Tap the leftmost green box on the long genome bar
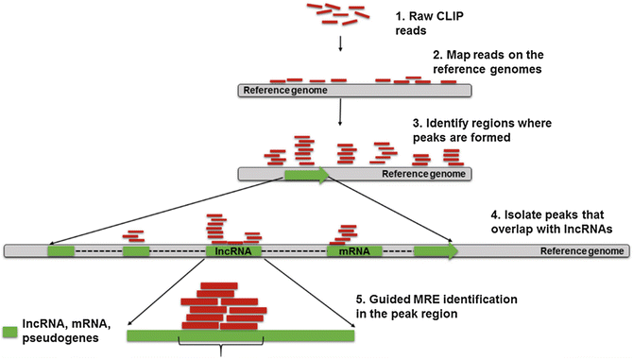point(61,252)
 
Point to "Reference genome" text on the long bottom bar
point(581,252)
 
